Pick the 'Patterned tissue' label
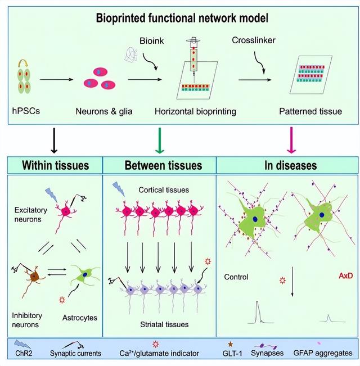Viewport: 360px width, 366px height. (310, 111)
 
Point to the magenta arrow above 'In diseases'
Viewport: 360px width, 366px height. (291, 140)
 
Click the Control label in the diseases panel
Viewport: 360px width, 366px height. (236, 277)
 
